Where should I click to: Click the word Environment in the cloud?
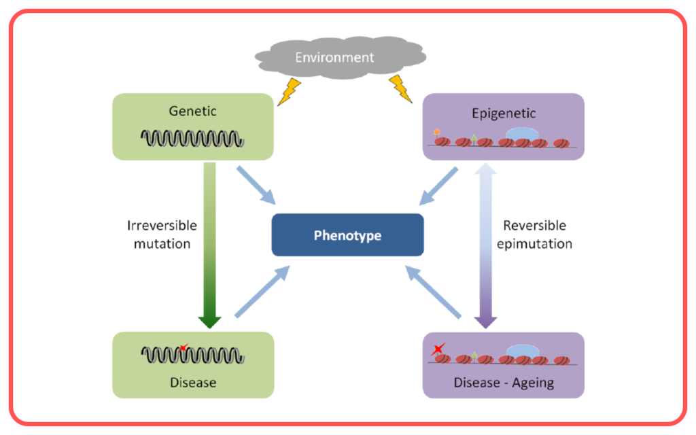point(334,57)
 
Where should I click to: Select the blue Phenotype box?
point(347,234)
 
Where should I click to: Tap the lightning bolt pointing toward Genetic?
point(289,92)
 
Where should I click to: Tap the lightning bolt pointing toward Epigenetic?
point(401,89)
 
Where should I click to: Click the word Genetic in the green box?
point(192,111)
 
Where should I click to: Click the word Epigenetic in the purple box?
point(504,114)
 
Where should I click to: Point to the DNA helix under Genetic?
point(192,138)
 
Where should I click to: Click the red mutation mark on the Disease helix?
point(184,347)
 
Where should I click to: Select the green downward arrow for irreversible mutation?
point(209,245)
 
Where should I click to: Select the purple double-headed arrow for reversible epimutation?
point(485,245)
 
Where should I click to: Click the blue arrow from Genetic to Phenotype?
point(256,186)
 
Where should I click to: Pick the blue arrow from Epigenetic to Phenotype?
point(438,186)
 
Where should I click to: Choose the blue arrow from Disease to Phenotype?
point(262,292)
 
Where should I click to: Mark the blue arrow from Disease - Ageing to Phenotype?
point(433,292)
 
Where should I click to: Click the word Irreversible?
point(162,226)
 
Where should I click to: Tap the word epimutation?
point(534,244)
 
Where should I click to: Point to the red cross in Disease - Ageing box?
point(438,349)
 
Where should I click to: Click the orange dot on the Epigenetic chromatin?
point(437,132)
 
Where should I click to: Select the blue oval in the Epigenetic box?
point(523,134)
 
